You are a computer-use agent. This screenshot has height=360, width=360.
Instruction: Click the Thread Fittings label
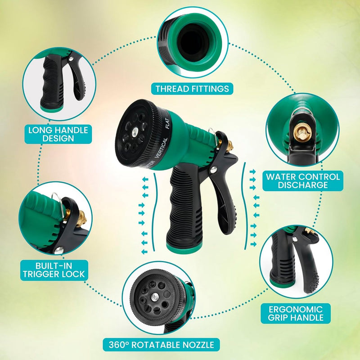[192, 89]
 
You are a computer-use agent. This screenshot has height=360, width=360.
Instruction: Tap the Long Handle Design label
[58, 134]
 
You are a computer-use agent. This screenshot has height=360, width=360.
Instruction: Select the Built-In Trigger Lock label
[54, 270]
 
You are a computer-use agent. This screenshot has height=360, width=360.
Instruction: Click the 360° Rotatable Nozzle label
[161, 344]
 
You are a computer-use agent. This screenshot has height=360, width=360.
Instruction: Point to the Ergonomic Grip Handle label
[296, 313]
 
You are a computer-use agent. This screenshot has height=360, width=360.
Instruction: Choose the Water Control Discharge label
[303, 181]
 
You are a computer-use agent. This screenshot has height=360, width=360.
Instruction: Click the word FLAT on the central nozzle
[167, 123]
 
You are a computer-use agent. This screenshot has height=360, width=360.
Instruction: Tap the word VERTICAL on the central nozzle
[162, 148]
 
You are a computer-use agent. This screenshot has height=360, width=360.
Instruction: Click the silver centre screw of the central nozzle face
[134, 132]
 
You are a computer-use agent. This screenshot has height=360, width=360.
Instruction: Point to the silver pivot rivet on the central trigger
[213, 170]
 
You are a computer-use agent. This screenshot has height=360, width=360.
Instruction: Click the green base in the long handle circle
[51, 108]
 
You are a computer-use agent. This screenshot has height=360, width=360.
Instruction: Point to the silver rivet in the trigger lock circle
[58, 250]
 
